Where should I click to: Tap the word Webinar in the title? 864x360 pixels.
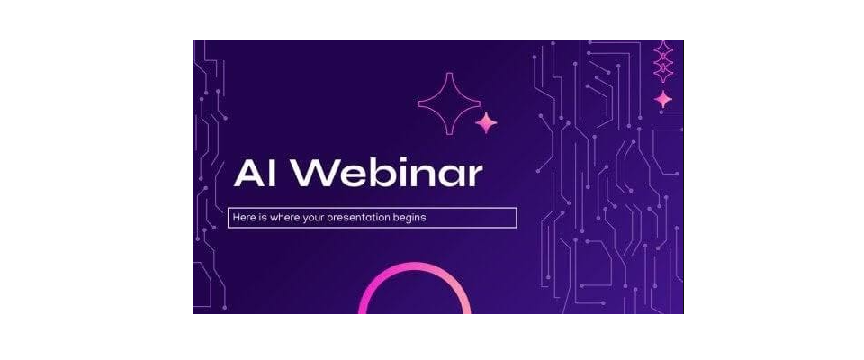pyautogui.click(x=387, y=174)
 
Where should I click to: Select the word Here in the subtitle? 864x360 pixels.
pyautogui.click(x=243, y=217)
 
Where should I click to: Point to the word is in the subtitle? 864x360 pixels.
pyautogui.click(x=261, y=217)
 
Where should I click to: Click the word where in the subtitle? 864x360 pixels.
pyautogui.click(x=282, y=217)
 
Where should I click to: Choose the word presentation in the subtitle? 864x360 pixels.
pyautogui.click(x=358, y=218)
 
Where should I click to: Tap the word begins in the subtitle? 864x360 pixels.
pyautogui.click(x=410, y=219)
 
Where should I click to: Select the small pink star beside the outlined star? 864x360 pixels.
pyautogui.click(x=486, y=122)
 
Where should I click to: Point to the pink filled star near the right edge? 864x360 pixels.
pyautogui.click(x=663, y=99)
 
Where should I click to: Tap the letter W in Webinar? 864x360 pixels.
pyautogui.click(x=312, y=175)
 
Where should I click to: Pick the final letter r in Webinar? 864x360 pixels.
pyautogui.click(x=475, y=177)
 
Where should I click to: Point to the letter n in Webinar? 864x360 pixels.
pyautogui.click(x=419, y=177)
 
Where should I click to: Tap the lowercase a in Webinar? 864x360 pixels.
pyautogui.click(x=450, y=177)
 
